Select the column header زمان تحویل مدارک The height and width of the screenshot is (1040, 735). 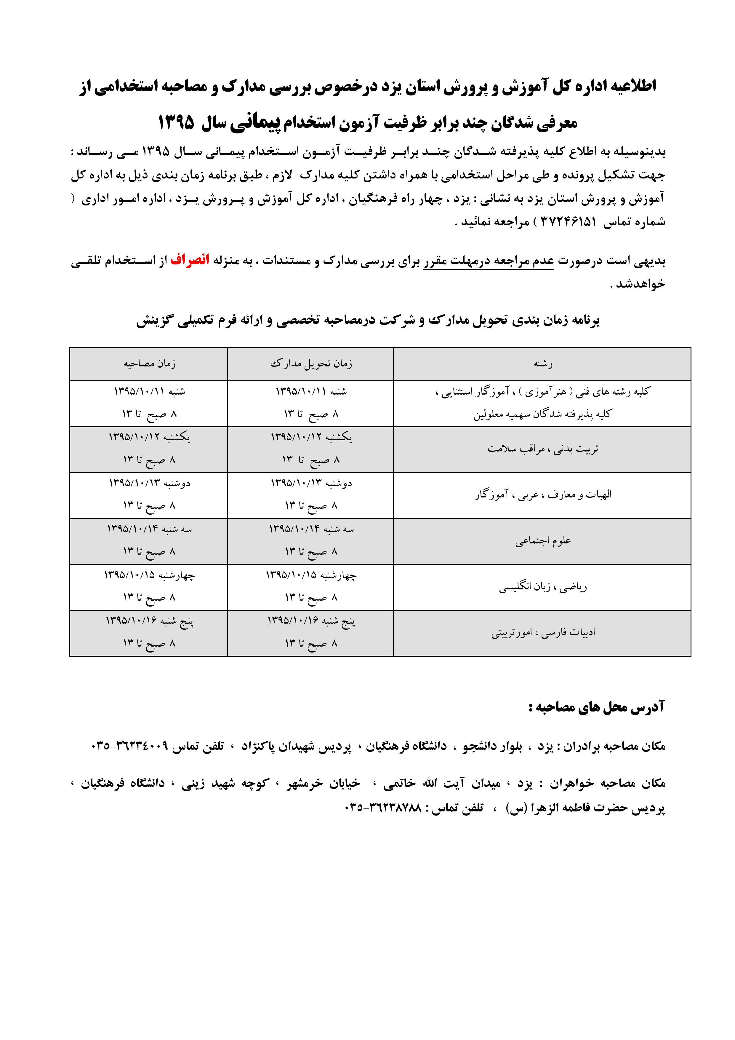pos(311,364)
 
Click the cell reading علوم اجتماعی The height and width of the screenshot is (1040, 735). pos(543,541)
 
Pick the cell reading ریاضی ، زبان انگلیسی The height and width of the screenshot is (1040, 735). pos(543,588)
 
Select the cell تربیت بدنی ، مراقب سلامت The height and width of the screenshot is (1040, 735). pos(543,449)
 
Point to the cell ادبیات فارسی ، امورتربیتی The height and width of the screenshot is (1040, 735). pos(543,633)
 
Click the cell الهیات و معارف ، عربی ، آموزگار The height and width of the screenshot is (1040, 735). pos(543,495)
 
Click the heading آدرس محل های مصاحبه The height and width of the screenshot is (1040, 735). pos(597,708)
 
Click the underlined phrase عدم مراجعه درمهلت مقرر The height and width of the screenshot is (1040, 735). pos(488,262)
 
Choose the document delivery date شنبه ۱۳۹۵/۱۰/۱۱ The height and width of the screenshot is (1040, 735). pos(311,392)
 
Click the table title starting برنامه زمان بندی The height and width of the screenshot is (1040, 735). pos(368,321)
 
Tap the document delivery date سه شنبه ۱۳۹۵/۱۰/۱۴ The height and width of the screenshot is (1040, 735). pos(311,529)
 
